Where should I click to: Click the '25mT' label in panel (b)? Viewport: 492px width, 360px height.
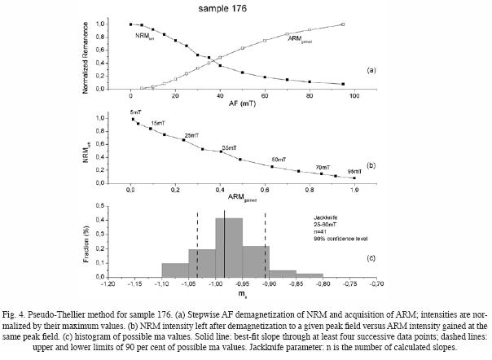191,134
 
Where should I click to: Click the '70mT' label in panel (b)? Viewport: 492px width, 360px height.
323,166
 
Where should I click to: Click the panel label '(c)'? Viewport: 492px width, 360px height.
371,258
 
